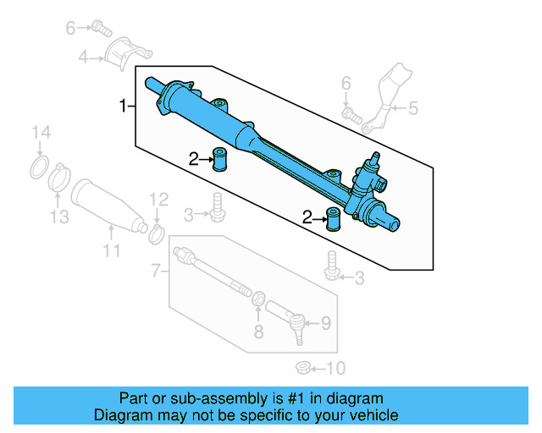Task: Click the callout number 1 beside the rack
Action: coord(123,106)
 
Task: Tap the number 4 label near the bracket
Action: coord(83,58)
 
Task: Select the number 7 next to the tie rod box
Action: coord(155,271)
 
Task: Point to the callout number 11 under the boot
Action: coord(112,251)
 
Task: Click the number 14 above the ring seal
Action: coord(41,133)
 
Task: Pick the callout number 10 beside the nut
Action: coord(336,368)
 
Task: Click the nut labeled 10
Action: coord(302,367)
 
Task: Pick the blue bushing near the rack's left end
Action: coord(222,159)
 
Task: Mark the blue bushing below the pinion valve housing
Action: coord(333,216)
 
